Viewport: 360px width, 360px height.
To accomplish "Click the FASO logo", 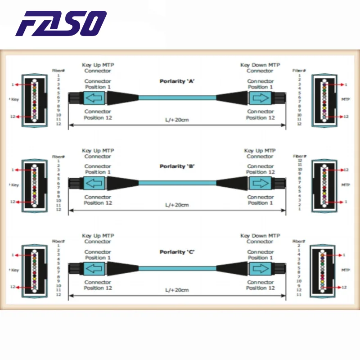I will (x=61, y=23).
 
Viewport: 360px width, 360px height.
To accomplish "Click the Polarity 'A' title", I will (x=177, y=81).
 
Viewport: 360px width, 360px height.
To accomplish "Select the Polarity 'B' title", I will (x=177, y=166).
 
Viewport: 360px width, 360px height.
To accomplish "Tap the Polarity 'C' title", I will (x=177, y=252).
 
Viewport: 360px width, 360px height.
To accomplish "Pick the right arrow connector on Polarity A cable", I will (x=260, y=98).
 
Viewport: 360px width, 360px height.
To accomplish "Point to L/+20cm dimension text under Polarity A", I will (x=176, y=120).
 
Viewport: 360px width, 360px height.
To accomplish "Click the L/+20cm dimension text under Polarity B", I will (x=176, y=205).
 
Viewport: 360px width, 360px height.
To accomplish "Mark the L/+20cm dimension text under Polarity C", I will (x=176, y=290).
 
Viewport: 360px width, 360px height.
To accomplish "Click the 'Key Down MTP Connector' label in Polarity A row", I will (x=260, y=68).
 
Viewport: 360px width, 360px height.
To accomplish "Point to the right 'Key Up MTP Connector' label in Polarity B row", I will (x=260, y=153).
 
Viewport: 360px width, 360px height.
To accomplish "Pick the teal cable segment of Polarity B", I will (x=177, y=183).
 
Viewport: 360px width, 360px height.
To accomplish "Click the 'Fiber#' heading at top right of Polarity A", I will (x=299, y=71).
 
